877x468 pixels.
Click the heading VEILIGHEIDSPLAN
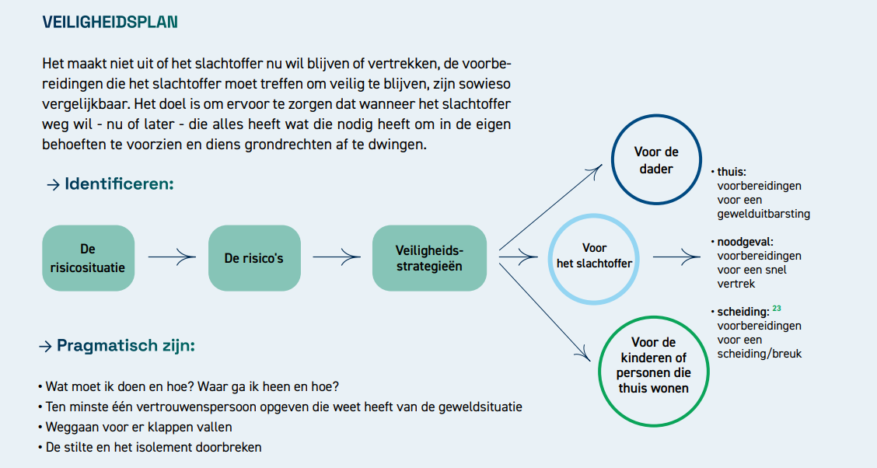pos(110,23)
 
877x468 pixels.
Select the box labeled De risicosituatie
pos(89,258)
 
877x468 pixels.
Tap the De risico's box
pos(254,258)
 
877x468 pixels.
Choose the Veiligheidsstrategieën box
pos(429,258)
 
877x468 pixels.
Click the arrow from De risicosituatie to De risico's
pos(172,257)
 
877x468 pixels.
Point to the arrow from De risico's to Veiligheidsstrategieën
pos(336,257)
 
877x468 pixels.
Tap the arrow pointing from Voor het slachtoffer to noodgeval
pos(676,257)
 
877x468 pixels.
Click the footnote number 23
pos(777,309)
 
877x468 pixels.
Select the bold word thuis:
pos(732,173)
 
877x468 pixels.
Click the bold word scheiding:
pos(743,312)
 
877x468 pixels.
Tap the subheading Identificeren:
pos(119,184)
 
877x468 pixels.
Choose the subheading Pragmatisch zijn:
pos(126,345)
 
